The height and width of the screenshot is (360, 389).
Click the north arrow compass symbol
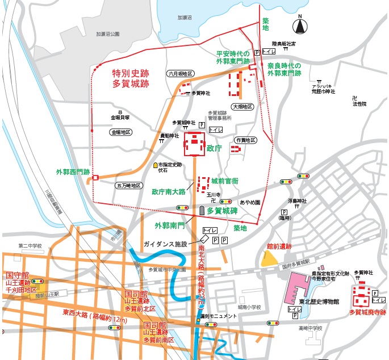coord(300,26)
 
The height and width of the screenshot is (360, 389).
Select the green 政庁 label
coord(214,148)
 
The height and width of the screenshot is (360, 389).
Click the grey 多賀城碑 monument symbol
coord(201,211)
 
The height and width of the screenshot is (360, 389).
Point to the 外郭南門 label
coord(170,225)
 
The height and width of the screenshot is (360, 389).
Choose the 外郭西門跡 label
coord(73,171)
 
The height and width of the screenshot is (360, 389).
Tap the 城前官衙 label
coord(225,181)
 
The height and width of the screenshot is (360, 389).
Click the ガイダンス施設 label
coord(165,244)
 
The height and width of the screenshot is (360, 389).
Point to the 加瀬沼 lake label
coord(185,18)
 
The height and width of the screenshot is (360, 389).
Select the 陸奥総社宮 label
coord(284,43)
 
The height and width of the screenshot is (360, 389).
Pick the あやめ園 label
coord(249,202)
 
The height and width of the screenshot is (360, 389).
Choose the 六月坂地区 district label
coord(181,74)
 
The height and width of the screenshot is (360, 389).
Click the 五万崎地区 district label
coord(128,185)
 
